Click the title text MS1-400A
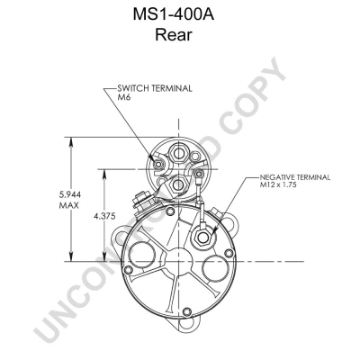point(174,15)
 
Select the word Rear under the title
point(174,35)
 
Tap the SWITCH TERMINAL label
point(155,88)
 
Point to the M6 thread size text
point(123,97)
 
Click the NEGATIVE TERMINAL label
point(295,177)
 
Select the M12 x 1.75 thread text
point(278,184)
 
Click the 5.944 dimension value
point(70,194)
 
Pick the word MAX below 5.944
point(69,205)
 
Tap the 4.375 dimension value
point(104,216)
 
